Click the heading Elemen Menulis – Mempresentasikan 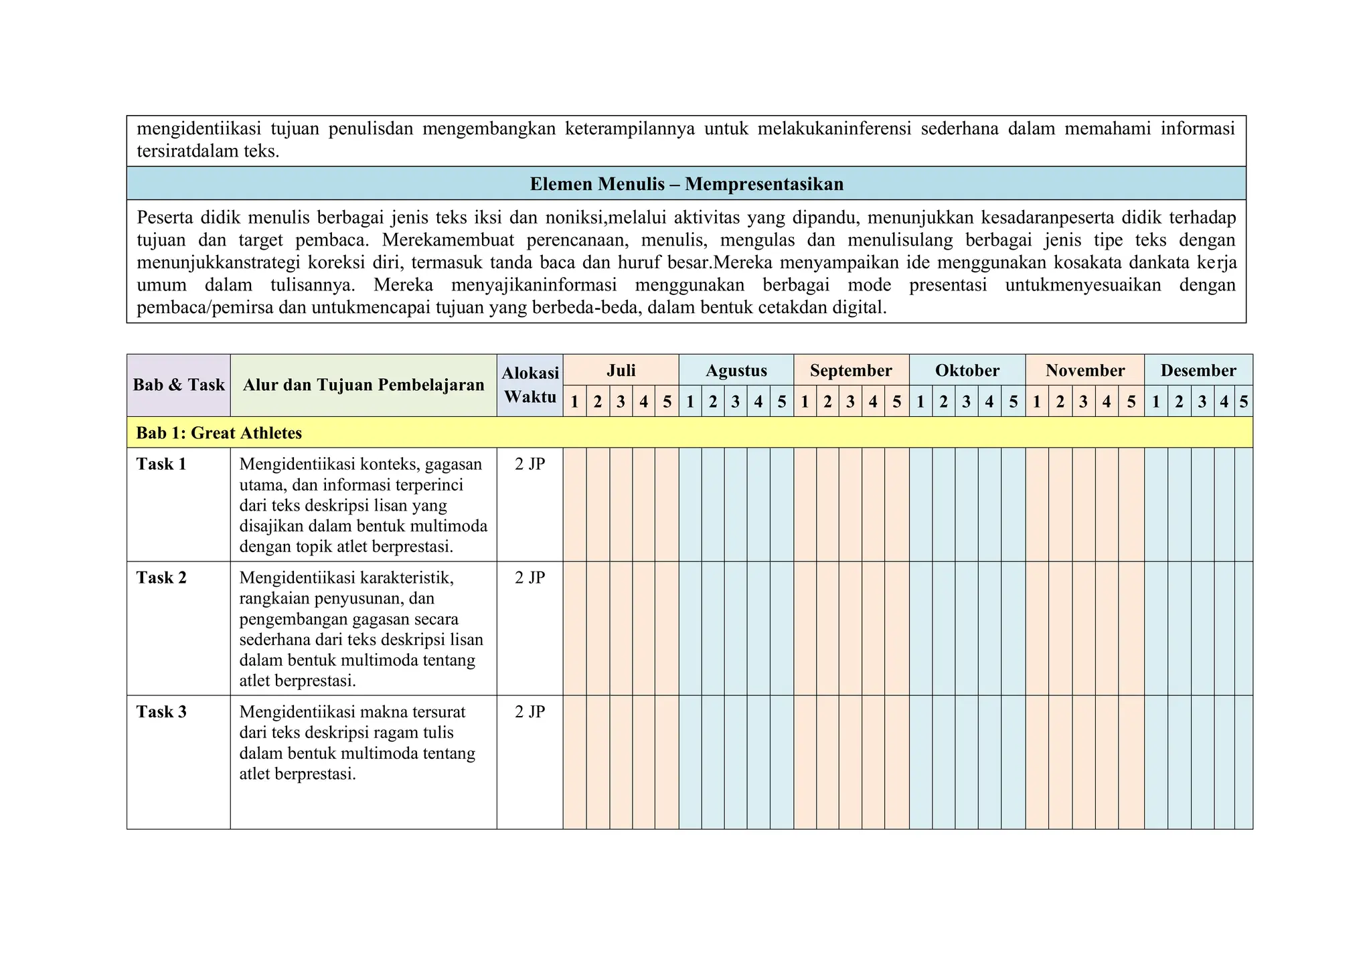coord(686,184)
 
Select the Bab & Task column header coord(179,385)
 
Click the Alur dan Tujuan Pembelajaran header coord(364,385)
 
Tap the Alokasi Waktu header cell coord(530,385)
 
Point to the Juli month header coord(621,370)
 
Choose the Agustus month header coord(736,370)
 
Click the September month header coord(851,370)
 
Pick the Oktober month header coord(967,370)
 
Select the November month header coord(1084,370)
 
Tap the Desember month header coord(1198,370)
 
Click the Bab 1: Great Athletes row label coord(219,433)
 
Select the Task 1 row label coord(161,464)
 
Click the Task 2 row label coord(161,578)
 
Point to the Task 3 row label coord(161,711)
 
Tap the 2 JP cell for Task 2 coord(530,578)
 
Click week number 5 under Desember coord(1244,402)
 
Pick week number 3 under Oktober coord(966,402)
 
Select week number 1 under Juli coord(574,402)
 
